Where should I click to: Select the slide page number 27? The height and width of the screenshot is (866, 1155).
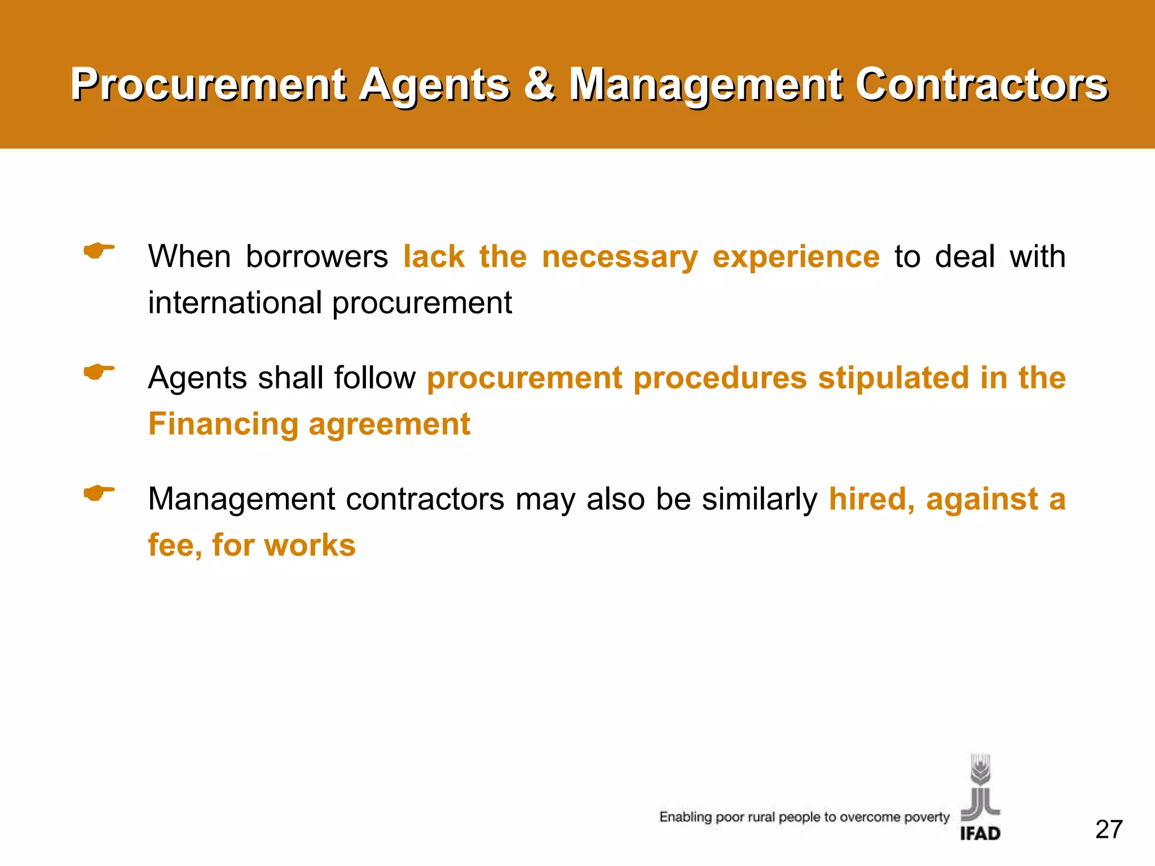(1109, 829)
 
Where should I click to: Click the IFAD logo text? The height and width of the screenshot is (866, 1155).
(980, 833)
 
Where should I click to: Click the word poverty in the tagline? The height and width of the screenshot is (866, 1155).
(927, 817)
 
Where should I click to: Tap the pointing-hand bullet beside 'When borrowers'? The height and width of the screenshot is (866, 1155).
(99, 250)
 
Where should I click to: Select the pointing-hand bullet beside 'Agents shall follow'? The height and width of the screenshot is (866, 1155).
(99, 372)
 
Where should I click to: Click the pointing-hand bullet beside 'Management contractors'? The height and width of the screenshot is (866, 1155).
(99, 493)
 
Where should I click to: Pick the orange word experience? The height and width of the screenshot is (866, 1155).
(796, 258)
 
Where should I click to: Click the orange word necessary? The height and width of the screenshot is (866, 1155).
(619, 258)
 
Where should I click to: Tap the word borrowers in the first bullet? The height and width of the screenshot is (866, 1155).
(317, 257)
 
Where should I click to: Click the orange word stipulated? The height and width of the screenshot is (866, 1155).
(893, 378)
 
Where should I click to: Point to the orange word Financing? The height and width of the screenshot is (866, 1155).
(223, 425)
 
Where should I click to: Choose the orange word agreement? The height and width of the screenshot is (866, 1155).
(389, 425)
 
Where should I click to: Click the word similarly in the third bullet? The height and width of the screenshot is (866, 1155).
(759, 500)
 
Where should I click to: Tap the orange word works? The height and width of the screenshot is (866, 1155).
(310, 545)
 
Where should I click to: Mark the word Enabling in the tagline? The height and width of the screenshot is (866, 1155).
(685, 817)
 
